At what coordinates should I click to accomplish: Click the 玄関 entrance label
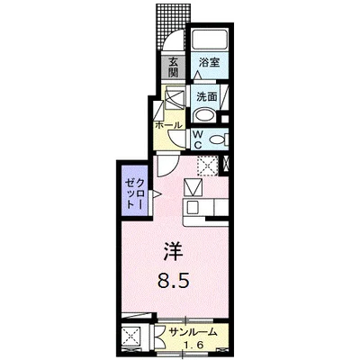[x=173, y=67]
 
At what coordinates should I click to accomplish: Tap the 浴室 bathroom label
[x=210, y=63]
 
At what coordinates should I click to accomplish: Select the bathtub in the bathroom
[x=210, y=39]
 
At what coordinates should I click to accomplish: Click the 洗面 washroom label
[x=207, y=96]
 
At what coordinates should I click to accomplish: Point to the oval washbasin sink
[x=204, y=115]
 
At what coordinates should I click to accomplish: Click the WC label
[x=197, y=139]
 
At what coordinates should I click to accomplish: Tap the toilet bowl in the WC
[x=217, y=139]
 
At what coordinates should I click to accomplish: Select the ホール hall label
[x=168, y=125]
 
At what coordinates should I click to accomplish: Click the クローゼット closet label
[x=136, y=193]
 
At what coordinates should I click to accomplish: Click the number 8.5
[x=174, y=282]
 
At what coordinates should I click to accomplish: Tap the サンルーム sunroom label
[x=193, y=332]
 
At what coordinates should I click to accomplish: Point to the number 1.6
[x=193, y=346]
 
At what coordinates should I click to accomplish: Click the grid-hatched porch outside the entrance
[x=174, y=24]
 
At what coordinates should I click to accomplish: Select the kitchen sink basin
[x=191, y=206]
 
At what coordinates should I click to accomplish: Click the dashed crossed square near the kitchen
[x=207, y=166]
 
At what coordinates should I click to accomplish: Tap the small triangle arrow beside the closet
[x=157, y=194]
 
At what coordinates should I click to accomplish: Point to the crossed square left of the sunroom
[x=132, y=338]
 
